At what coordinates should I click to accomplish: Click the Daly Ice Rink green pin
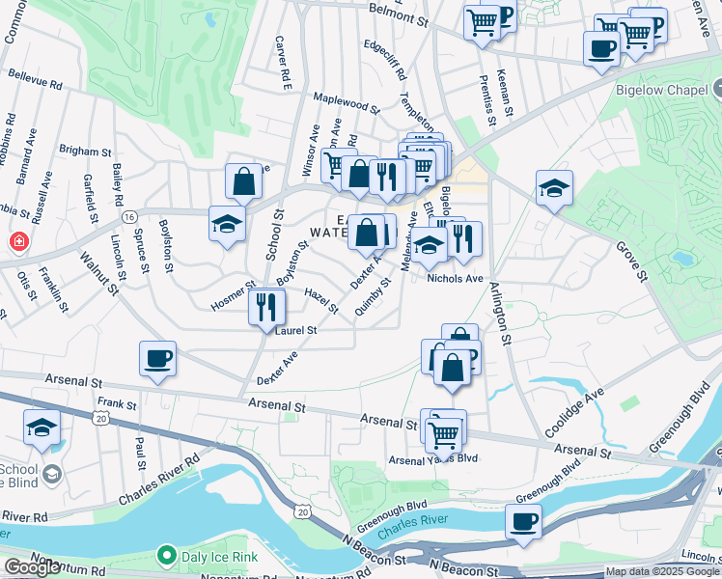coord(166,556)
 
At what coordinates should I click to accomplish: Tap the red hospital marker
coord(17,240)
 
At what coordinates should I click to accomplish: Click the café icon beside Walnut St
coord(158,358)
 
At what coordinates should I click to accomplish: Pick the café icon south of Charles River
coord(524,522)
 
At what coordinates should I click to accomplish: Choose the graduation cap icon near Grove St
coord(555,188)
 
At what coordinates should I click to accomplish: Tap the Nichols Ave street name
coord(455,279)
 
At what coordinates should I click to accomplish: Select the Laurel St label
coord(295,331)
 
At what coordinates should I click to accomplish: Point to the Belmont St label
coord(398,17)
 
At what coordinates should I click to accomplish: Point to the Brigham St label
coord(86,152)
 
